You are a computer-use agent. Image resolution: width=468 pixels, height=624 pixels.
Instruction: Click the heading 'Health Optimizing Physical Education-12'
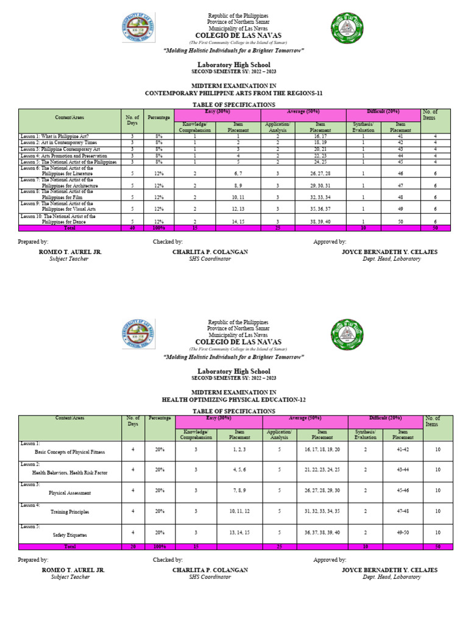(233, 400)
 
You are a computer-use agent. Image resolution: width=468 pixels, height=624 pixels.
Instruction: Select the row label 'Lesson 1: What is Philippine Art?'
(54, 137)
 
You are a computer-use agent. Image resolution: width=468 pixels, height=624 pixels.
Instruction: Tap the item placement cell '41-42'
(402, 449)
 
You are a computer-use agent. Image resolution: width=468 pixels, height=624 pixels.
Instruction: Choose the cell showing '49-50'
(402, 532)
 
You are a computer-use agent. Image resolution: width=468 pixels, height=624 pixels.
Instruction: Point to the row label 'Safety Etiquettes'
(69, 534)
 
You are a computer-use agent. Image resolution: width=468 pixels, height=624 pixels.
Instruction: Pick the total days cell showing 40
(132, 228)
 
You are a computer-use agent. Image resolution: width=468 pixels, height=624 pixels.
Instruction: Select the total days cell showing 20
(133, 547)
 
